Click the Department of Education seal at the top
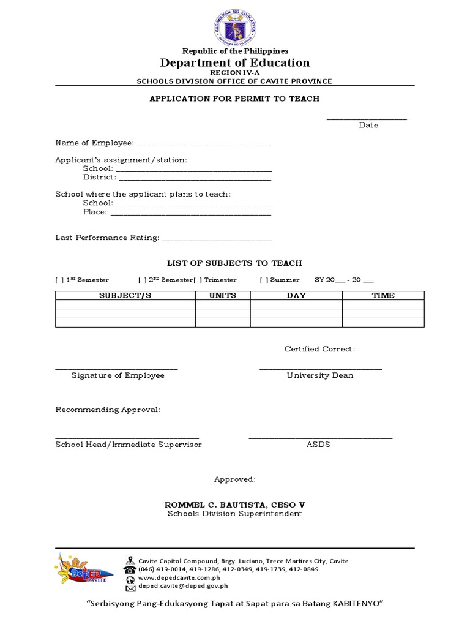(x=235, y=26)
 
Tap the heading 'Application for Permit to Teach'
(x=235, y=99)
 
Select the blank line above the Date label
(x=367, y=119)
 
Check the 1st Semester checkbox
(x=59, y=280)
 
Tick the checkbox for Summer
(x=264, y=280)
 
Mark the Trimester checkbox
(x=197, y=280)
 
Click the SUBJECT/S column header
(x=125, y=295)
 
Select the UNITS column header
(x=223, y=295)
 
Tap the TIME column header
(x=383, y=295)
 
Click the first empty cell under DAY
(x=296, y=304)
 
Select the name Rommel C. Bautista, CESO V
(x=235, y=505)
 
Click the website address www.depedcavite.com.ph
(x=179, y=577)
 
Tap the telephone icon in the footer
(x=130, y=569)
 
